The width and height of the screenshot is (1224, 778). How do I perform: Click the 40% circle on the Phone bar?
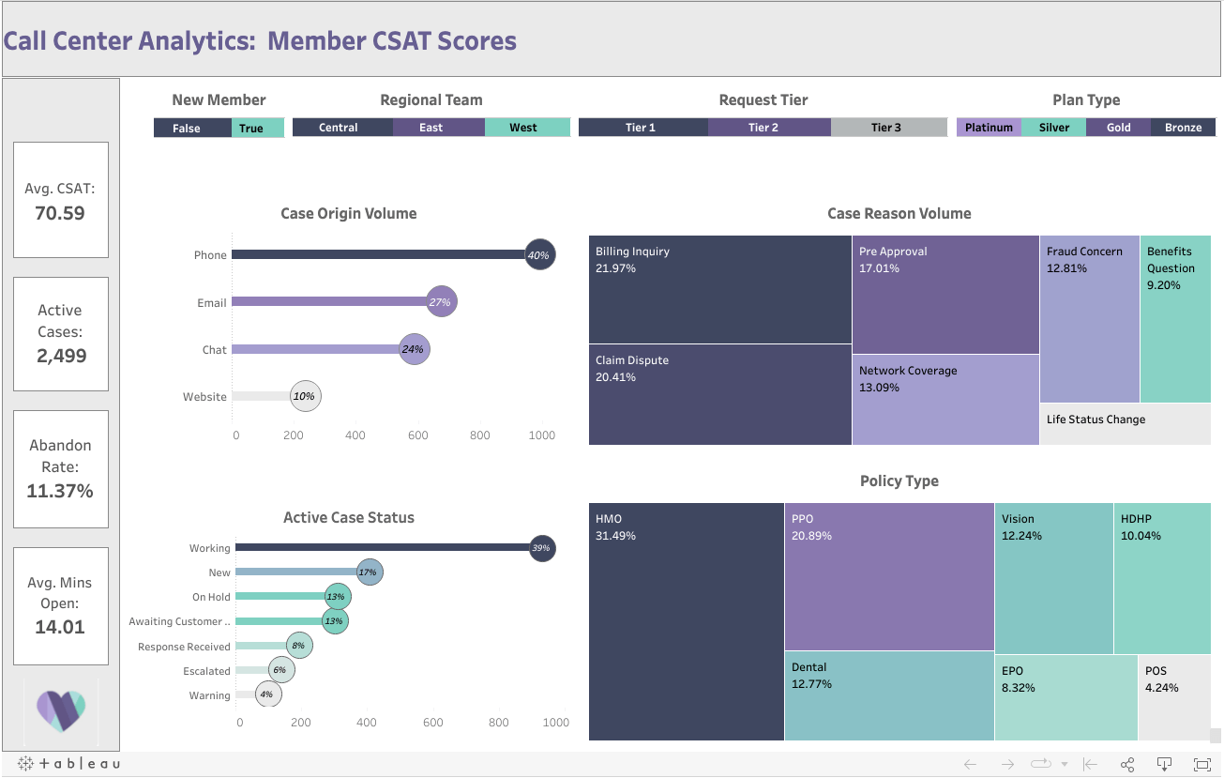(539, 255)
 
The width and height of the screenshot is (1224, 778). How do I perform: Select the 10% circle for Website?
(305, 396)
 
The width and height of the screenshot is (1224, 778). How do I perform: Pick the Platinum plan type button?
(989, 128)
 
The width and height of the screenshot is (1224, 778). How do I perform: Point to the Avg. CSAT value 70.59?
(60, 213)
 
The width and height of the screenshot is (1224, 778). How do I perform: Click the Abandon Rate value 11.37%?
(60, 491)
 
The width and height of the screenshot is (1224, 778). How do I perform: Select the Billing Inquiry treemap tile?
(719, 289)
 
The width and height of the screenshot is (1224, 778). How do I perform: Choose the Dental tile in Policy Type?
(888, 694)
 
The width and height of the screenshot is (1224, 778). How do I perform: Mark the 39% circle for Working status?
(541, 548)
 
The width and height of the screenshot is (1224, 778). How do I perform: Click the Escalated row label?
(206, 671)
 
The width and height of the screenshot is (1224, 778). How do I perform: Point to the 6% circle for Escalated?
(280, 670)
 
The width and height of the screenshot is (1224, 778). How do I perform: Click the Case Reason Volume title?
(899, 214)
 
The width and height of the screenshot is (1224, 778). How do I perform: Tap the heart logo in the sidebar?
(61, 710)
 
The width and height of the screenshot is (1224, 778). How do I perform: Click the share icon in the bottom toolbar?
(1127, 764)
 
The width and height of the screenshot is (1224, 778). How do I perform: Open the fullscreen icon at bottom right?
(1201, 764)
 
